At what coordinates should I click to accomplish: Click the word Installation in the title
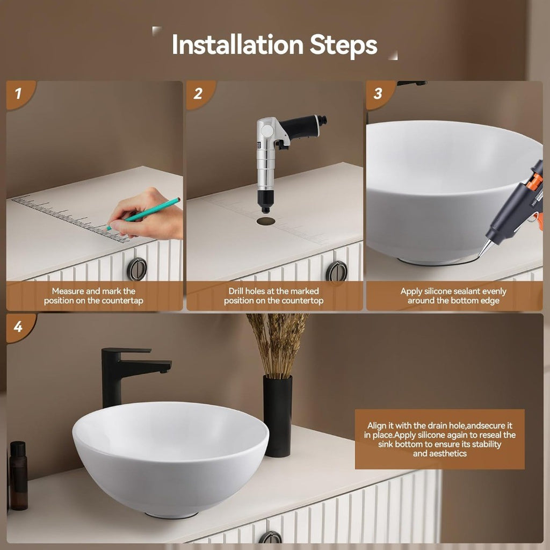(x=237, y=45)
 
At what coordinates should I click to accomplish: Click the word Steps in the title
(x=343, y=46)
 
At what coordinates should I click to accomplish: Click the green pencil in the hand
(x=144, y=214)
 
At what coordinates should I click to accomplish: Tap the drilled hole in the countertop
(x=266, y=221)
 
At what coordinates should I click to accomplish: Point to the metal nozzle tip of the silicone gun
(x=484, y=248)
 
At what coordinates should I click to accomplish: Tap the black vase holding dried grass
(x=278, y=416)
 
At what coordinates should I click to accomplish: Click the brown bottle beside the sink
(x=18, y=476)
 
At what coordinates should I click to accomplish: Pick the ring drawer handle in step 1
(x=137, y=269)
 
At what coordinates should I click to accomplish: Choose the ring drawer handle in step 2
(x=336, y=271)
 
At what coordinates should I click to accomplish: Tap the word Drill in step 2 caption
(x=236, y=291)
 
